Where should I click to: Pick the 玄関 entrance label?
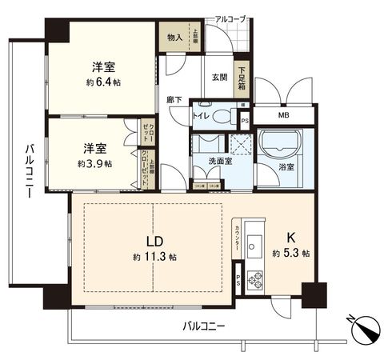[x=220, y=76]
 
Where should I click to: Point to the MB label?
[x=284, y=114]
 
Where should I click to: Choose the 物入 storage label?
[x=174, y=36]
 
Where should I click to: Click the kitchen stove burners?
[x=258, y=280]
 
